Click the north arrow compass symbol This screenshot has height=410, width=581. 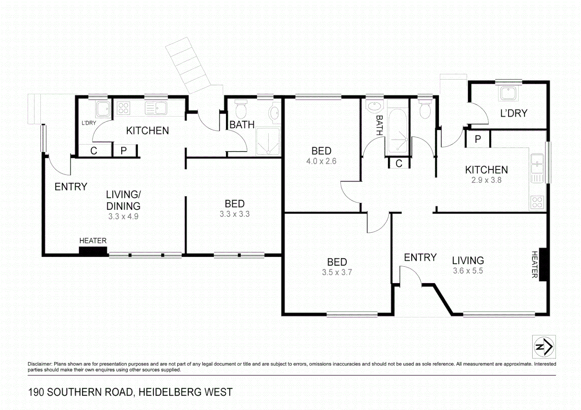point(544,347)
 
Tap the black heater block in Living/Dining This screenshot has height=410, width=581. point(93,251)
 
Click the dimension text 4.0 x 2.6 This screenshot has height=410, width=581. point(321,161)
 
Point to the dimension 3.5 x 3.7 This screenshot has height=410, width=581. point(337,272)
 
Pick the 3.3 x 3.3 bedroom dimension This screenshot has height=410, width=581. point(235,214)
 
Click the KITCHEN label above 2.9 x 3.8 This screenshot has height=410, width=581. point(486,170)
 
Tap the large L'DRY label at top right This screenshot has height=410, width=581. point(514,113)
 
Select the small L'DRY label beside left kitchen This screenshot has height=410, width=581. point(89,123)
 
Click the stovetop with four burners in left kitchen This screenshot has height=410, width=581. point(123,108)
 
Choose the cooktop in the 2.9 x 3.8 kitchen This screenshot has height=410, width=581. point(537,202)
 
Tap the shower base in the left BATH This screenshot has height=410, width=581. point(268,142)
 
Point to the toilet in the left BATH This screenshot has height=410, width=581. point(240,110)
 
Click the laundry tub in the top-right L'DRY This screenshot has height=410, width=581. point(508,93)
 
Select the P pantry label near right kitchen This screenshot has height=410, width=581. point(478,139)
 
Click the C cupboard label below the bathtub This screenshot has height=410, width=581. point(398,163)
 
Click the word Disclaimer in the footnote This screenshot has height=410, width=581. point(40,364)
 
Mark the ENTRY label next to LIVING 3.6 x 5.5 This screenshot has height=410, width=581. point(420,257)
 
